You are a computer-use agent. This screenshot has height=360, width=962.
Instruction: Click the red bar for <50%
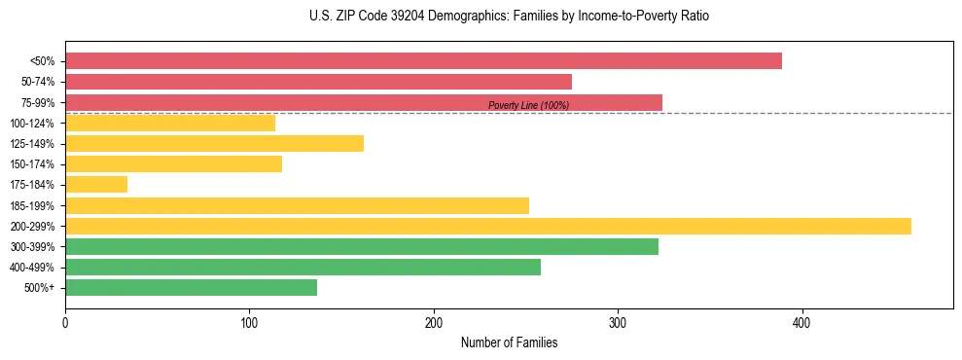pyautogui.click(x=423, y=61)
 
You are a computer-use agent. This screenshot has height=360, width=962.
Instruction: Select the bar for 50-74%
pyautogui.click(x=318, y=82)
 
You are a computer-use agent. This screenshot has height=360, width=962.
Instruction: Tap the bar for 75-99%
pyautogui.click(x=363, y=102)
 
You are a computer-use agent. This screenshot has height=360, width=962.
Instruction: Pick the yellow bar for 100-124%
pyautogui.click(x=170, y=124)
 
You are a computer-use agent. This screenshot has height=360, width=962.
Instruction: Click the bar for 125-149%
pyautogui.click(x=214, y=144)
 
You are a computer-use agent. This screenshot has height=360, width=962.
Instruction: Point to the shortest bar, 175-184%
pyautogui.click(x=96, y=185)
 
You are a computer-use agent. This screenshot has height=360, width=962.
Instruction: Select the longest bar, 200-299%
pyautogui.click(x=487, y=227)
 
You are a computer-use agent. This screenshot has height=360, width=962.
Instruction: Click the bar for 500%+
pyautogui.click(x=191, y=288)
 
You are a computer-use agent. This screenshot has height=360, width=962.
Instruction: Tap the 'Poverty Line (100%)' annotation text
pyautogui.click(x=528, y=106)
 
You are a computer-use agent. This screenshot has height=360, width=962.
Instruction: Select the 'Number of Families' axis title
pyautogui.click(x=509, y=343)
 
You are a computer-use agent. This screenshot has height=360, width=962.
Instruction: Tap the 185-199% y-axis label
pyautogui.click(x=32, y=206)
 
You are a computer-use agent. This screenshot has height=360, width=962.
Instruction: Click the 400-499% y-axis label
pyautogui.click(x=32, y=268)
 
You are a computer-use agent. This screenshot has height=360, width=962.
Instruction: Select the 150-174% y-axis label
pyautogui.click(x=32, y=164)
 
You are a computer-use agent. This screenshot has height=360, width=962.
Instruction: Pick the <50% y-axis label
pyautogui.click(x=43, y=61)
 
